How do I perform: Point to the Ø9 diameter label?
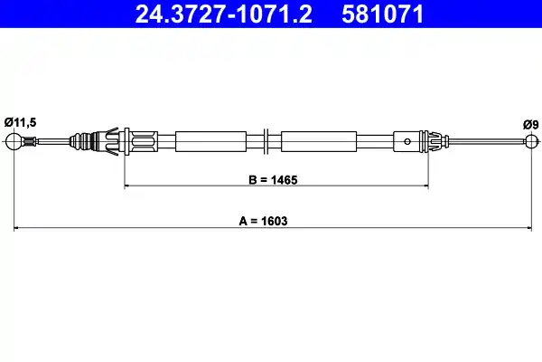(529, 124)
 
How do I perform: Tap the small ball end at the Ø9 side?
(529, 140)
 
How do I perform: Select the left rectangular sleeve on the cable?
(210, 140)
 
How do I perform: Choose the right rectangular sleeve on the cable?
(316, 140)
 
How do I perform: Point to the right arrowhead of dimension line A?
(528, 228)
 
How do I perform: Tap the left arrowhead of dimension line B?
(127, 186)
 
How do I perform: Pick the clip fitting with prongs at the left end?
(115, 140)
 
